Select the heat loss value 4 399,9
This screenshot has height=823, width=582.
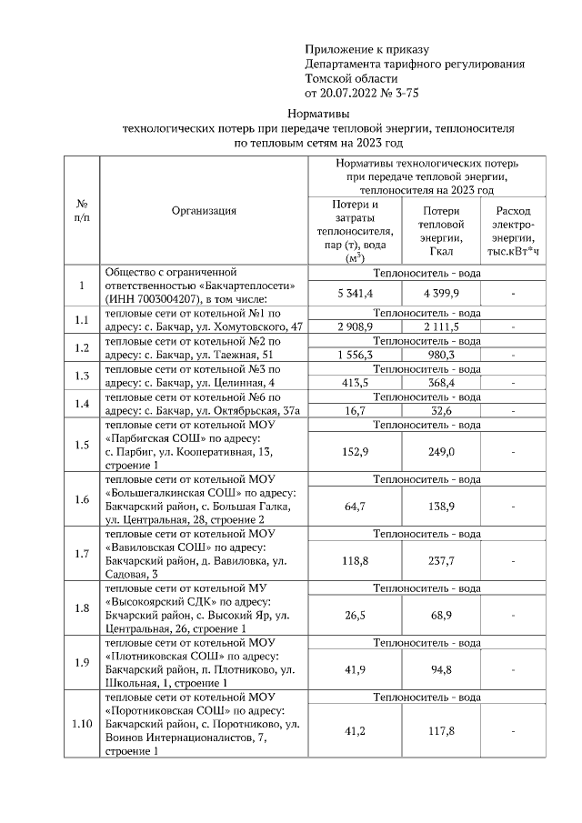[441, 292]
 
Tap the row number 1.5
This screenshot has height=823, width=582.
[81, 445]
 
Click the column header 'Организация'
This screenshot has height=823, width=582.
[204, 210]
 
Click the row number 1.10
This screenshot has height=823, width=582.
[81, 724]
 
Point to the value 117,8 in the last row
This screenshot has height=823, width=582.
[441, 731]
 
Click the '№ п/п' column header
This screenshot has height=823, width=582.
[81, 210]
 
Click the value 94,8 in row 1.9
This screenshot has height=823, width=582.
[441, 670]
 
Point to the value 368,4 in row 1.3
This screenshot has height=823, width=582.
[441, 383]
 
